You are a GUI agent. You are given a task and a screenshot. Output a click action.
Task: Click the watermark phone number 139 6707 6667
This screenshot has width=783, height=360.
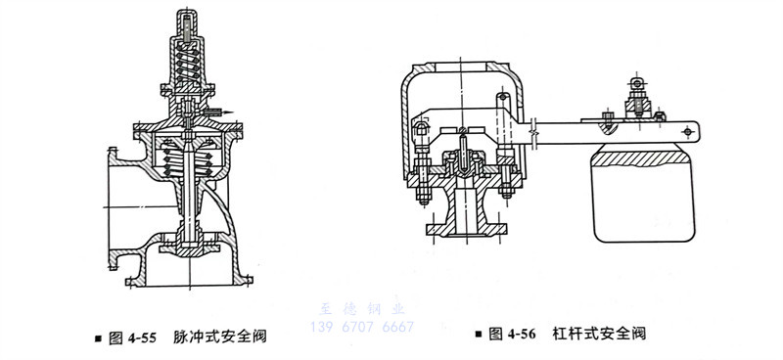pyautogui.click(x=362, y=326)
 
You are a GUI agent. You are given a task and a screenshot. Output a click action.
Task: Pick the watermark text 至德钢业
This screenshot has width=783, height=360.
pyautogui.click(x=362, y=306)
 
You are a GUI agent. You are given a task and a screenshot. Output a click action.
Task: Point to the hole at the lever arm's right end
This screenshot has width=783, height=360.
pyautogui.click(x=692, y=128)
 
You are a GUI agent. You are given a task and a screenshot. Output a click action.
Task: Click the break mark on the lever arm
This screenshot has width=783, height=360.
pyautogui.click(x=535, y=128)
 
